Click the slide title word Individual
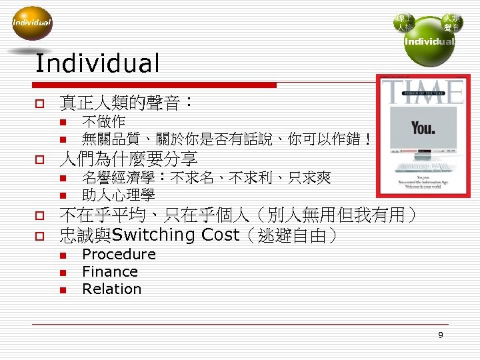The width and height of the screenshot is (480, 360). pyautogui.click(x=97, y=64)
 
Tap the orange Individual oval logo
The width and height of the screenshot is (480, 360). pyautogui.click(x=31, y=23)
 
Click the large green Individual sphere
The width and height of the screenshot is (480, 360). pyautogui.click(x=430, y=43)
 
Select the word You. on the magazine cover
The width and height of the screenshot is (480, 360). pyautogui.click(x=423, y=127)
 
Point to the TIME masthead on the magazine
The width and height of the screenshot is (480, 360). pyautogui.click(x=423, y=91)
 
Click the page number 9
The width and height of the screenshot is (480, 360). pyautogui.click(x=440, y=335)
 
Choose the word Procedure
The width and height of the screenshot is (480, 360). pyautogui.click(x=119, y=255)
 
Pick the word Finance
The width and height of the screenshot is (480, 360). pyautogui.click(x=110, y=272)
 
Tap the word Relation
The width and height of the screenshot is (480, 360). pyautogui.click(x=111, y=289)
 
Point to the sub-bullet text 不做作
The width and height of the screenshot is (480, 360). pyautogui.click(x=103, y=122)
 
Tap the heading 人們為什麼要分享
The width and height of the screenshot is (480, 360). pyautogui.click(x=128, y=159)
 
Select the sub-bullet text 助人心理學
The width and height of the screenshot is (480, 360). pyautogui.click(x=118, y=195)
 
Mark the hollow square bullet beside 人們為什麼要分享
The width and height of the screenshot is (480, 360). pyautogui.click(x=39, y=160)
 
